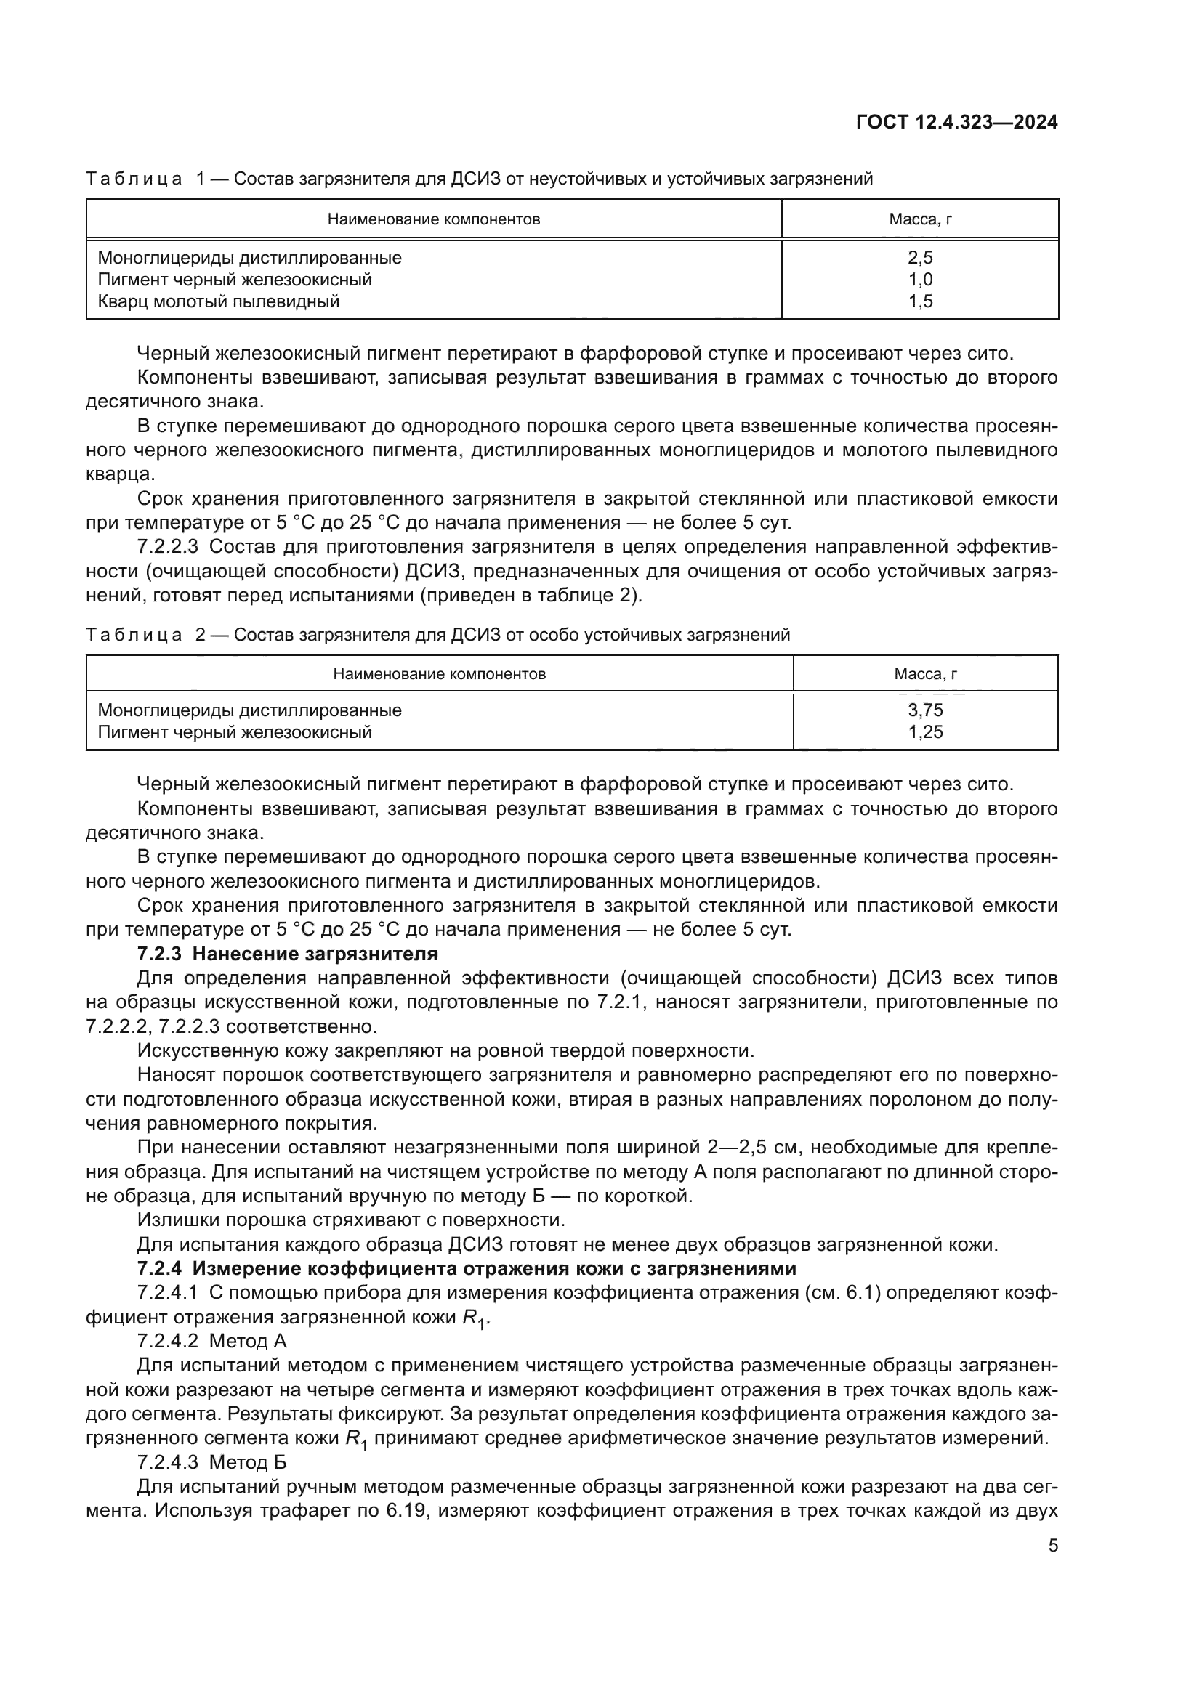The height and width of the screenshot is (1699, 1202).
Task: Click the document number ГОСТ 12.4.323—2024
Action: [956, 122]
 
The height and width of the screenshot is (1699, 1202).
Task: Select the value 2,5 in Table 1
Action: [920, 258]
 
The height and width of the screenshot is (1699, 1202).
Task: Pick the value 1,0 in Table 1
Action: [920, 280]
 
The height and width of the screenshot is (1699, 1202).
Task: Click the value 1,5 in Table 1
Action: [920, 301]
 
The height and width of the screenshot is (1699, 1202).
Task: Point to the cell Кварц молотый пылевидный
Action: [218, 301]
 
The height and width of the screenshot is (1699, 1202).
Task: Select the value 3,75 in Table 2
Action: [925, 710]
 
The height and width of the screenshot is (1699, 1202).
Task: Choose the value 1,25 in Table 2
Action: [925, 733]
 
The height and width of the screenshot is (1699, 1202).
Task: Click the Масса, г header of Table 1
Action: [920, 219]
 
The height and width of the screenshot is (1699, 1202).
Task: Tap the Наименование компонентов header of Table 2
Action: [439, 674]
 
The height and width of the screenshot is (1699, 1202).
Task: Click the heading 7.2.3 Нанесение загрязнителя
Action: [288, 954]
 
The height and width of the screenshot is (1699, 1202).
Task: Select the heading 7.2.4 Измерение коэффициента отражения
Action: [467, 1268]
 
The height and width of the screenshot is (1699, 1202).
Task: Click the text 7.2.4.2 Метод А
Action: [211, 1341]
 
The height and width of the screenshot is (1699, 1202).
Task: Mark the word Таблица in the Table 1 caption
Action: [133, 179]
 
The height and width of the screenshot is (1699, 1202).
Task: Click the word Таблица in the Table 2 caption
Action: [133, 635]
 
